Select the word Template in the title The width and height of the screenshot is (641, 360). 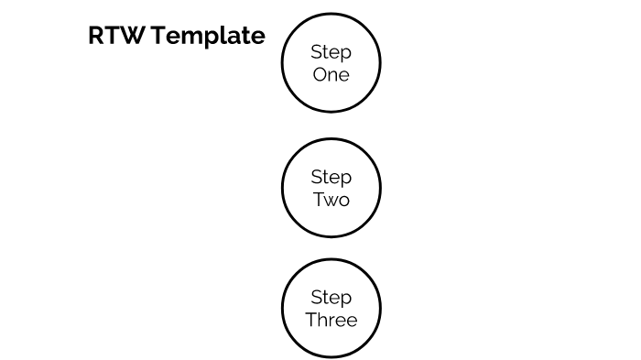208,37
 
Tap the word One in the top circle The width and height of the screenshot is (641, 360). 331,75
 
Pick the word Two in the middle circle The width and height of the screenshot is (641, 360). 331,199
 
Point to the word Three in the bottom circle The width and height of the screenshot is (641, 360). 331,320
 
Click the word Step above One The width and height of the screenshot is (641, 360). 331,52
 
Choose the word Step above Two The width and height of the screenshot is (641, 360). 331,177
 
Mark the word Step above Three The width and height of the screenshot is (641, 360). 331,298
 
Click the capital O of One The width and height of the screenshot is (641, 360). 320,75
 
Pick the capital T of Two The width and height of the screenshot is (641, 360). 318,199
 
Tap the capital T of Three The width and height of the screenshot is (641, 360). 310,320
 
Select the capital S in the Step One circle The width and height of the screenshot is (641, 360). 316,52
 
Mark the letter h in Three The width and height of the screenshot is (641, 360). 322,320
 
